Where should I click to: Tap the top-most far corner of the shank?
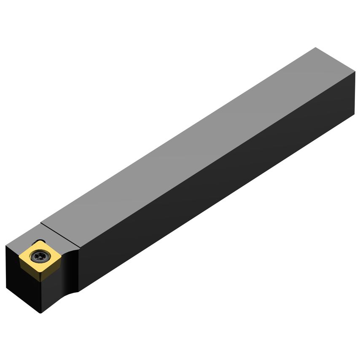315,48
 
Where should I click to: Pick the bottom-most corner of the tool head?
40,312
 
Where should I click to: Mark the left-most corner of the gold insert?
19,256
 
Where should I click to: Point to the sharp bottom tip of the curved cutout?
78,291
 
